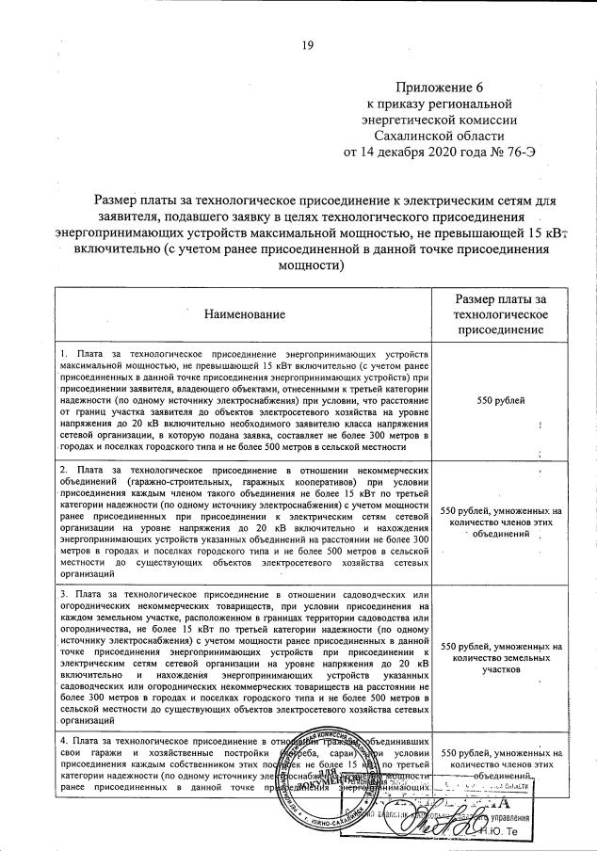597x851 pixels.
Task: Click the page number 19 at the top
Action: [x=307, y=44]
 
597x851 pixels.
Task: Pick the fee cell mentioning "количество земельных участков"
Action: [x=502, y=653]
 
